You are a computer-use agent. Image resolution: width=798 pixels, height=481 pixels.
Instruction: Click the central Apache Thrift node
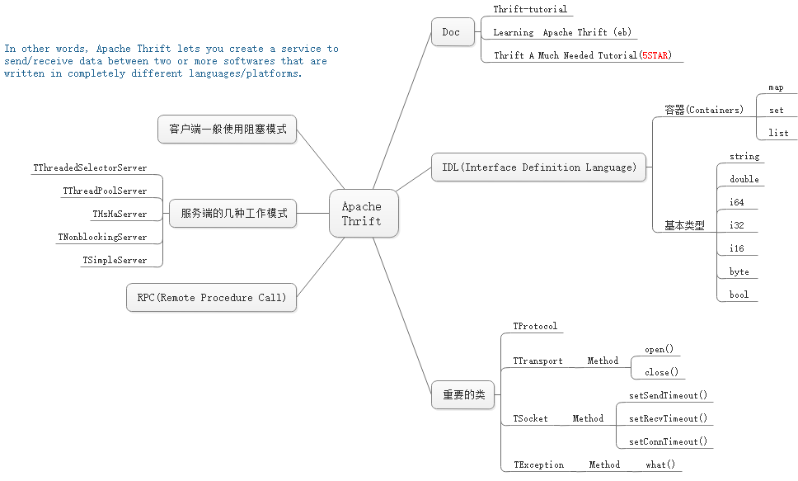pyautogui.click(x=363, y=214)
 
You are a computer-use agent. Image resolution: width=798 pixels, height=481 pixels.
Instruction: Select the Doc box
pyautogui.click(x=452, y=32)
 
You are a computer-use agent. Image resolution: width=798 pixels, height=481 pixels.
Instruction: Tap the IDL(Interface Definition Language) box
pyautogui.click(x=539, y=167)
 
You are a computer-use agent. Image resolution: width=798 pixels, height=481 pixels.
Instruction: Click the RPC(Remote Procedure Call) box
pyautogui.click(x=211, y=298)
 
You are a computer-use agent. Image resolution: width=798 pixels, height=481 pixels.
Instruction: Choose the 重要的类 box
pyautogui.click(x=462, y=395)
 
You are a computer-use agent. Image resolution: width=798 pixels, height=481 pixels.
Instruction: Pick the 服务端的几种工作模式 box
pyautogui.click(x=233, y=214)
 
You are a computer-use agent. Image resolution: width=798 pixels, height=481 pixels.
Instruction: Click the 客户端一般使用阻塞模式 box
pyautogui.click(x=227, y=130)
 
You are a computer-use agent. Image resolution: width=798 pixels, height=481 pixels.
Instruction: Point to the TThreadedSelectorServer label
pyautogui.click(x=90, y=167)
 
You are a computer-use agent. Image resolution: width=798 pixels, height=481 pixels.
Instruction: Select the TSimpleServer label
pyautogui.click(x=115, y=260)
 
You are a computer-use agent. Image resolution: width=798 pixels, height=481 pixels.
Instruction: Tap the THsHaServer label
pyautogui.click(x=120, y=214)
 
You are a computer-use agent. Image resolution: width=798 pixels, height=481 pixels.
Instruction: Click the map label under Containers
pyautogui.click(x=776, y=87)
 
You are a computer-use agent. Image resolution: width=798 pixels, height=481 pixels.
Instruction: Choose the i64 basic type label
pyautogui.click(x=737, y=202)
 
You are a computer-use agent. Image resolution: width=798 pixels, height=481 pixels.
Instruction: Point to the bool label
pyautogui.click(x=739, y=295)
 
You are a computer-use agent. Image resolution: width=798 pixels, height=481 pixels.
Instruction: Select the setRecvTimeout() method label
pyautogui.click(x=668, y=418)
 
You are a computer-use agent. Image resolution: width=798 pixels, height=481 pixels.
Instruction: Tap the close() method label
pyautogui.click(x=661, y=372)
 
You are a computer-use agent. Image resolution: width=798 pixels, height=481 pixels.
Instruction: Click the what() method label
pyautogui.click(x=660, y=464)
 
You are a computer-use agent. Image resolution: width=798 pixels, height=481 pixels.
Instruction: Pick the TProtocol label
pyautogui.click(x=535, y=326)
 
